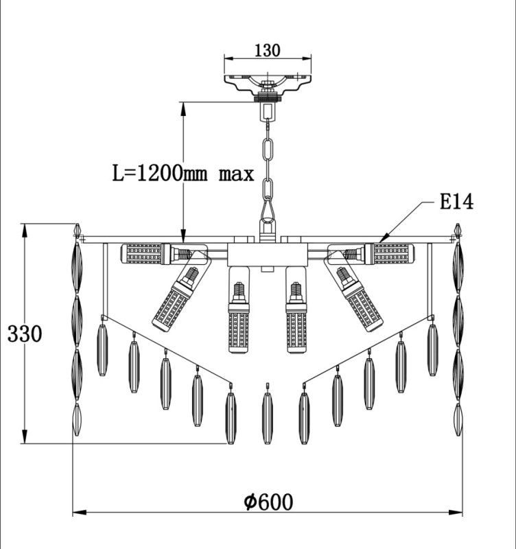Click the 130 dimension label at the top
267,50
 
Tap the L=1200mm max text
183,174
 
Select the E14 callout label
456,202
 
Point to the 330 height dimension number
25,334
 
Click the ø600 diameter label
268,502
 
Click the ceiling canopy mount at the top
268,86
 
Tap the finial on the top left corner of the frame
78,231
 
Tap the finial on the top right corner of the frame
458,231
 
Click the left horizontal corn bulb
156,254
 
